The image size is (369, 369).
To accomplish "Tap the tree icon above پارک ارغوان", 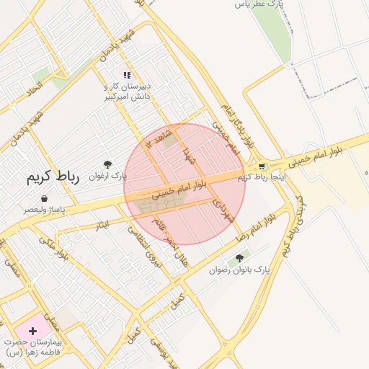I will coord(107,164).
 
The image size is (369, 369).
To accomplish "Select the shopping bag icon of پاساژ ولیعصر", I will coord(45,198).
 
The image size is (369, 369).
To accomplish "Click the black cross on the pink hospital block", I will coord(32,331).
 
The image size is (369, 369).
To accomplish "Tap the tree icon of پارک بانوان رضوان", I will coord(240,257).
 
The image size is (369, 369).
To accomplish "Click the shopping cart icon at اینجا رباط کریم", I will coord(261,166).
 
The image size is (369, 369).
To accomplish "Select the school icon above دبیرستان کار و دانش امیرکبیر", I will coord(127,75).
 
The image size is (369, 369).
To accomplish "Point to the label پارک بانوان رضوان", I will coord(240,270).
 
